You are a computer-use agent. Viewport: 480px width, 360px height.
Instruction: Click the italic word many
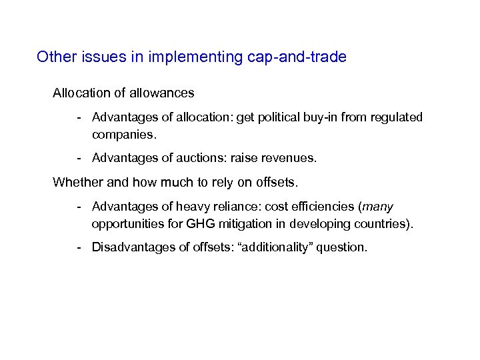click(x=378, y=207)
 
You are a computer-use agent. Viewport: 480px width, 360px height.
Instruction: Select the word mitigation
click(x=228, y=223)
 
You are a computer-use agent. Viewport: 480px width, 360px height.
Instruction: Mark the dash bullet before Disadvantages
click(x=79, y=247)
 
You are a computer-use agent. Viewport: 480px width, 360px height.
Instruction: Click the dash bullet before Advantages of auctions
click(x=79, y=159)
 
